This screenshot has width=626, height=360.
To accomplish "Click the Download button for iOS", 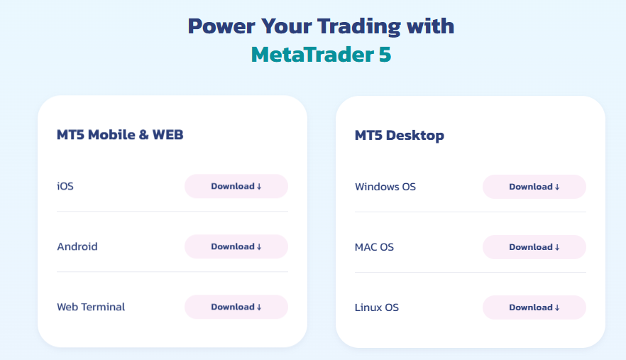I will [236, 186].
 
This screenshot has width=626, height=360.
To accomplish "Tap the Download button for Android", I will [236, 246].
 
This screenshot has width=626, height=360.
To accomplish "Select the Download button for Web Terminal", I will [236, 307].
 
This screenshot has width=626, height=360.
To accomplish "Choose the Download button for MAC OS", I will [534, 247].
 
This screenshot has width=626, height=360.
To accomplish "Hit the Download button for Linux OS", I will [534, 307].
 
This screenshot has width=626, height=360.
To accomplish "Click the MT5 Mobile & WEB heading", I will [120, 134].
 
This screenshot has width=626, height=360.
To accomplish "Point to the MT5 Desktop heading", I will [399, 135].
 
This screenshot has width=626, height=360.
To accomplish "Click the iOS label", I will [65, 187].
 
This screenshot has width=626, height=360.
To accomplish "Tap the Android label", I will [77, 247].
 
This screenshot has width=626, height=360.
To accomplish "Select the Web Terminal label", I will [91, 307].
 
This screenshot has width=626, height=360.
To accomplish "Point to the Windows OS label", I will [385, 187].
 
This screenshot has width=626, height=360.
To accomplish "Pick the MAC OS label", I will [374, 247].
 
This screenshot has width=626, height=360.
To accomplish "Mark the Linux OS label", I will [377, 307].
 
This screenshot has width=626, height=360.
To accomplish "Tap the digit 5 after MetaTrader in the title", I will [384, 54].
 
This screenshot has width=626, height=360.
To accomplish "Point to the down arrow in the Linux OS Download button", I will [557, 307].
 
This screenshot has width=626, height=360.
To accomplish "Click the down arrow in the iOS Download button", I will [259, 186].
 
